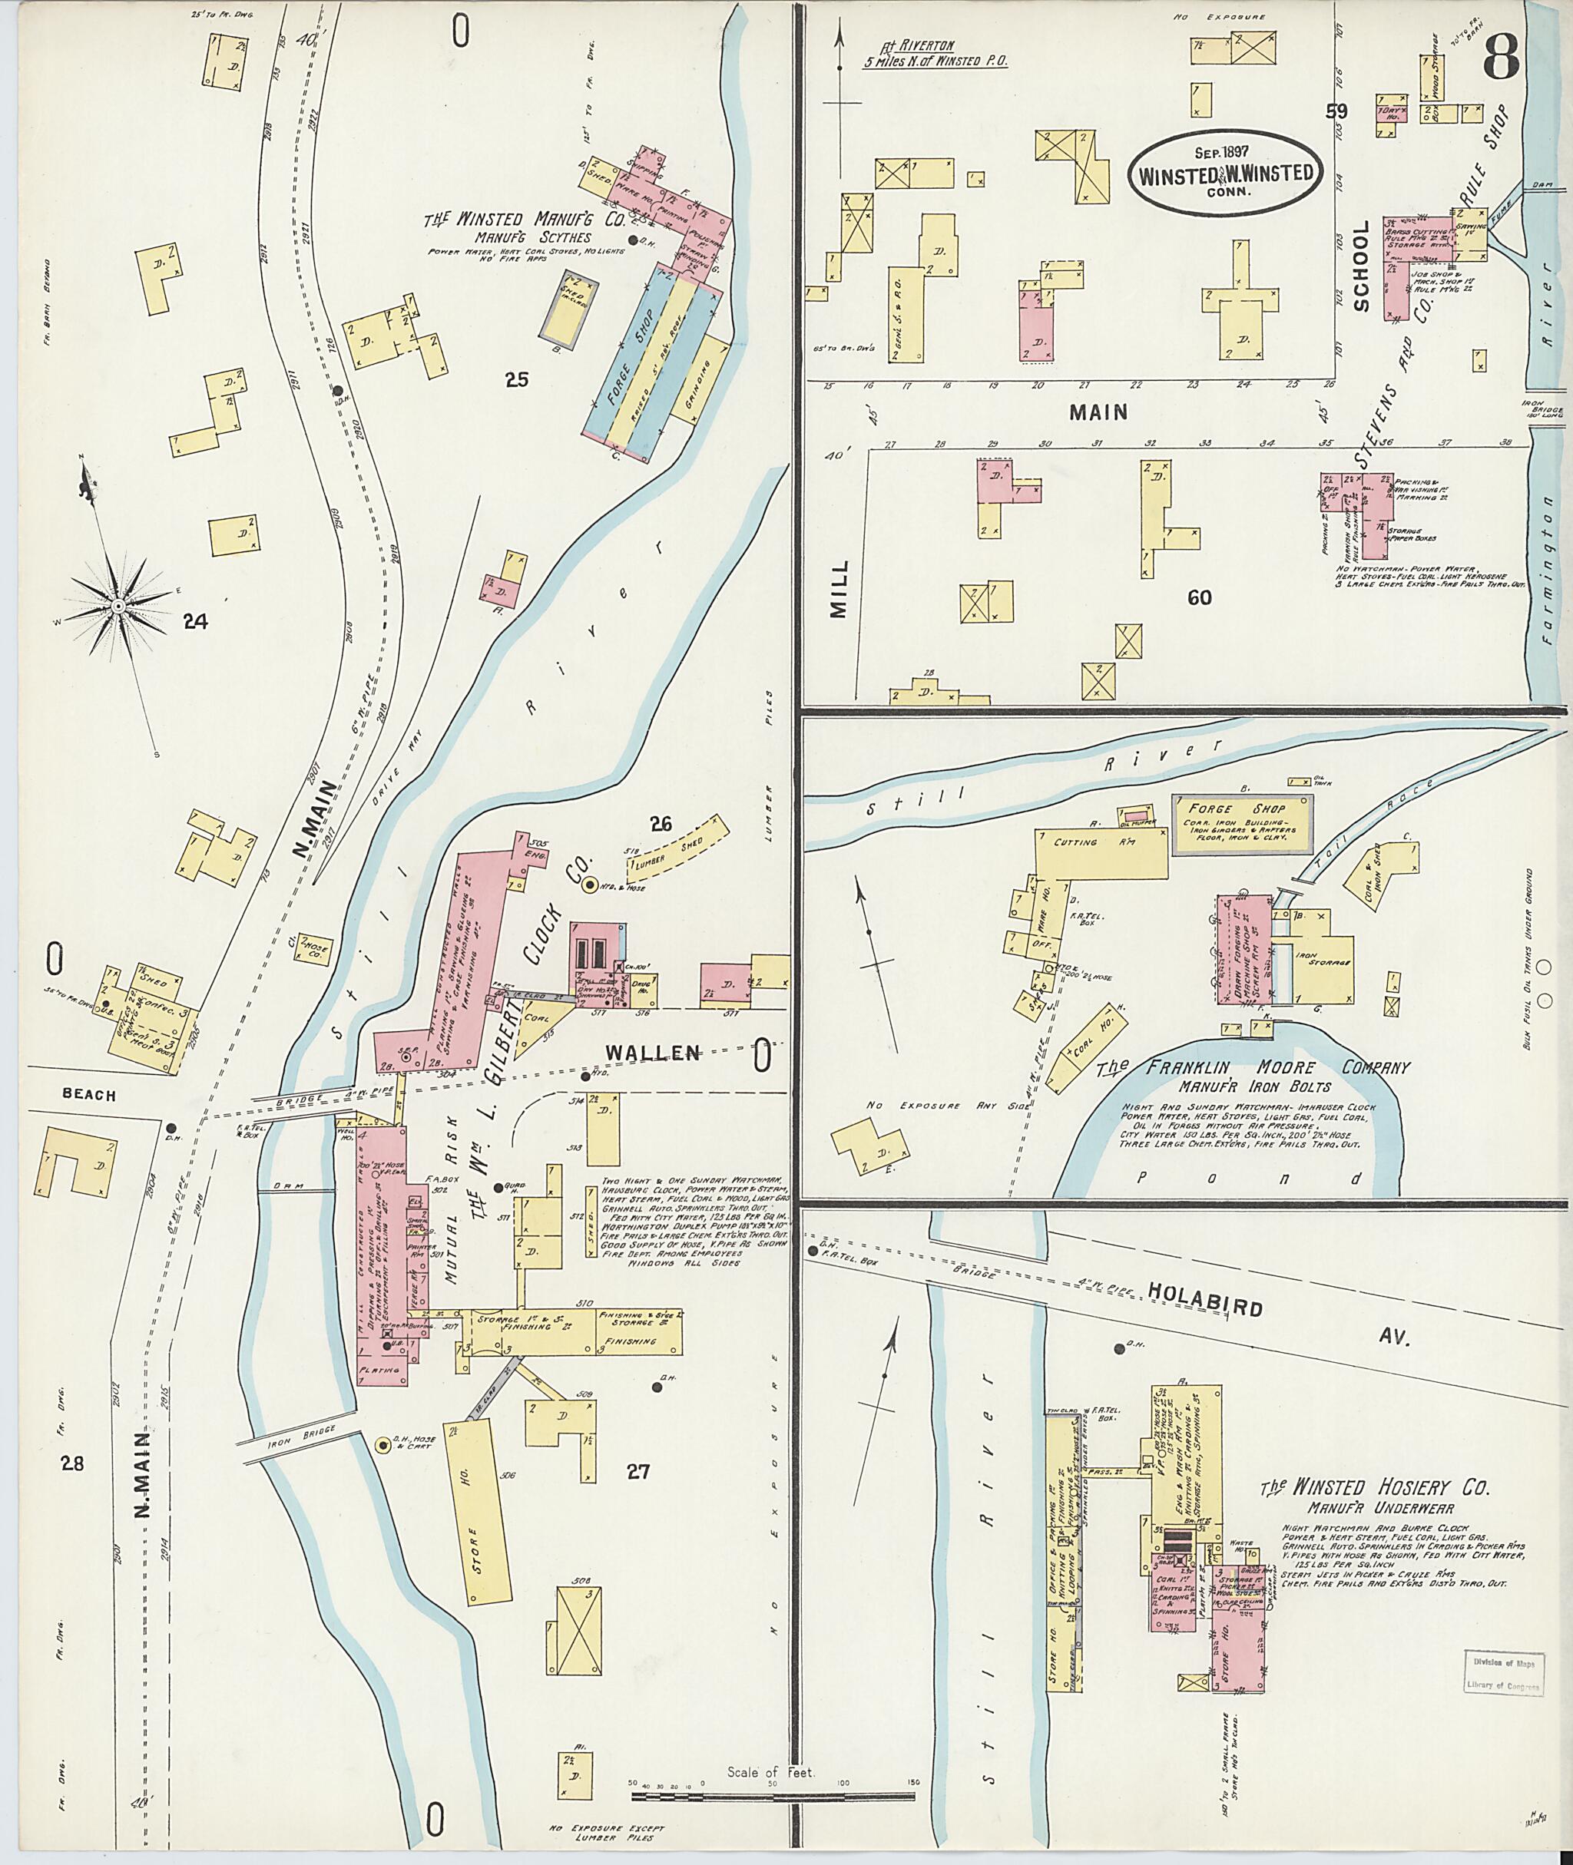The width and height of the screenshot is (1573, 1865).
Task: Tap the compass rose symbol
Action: click(x=117, y=607)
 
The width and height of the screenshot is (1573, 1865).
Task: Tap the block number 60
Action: click(x=1200, y=597)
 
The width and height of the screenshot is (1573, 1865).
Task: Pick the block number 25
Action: click(x=516, y=381)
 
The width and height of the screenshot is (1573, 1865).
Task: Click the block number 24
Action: click(x=195, y=622)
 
